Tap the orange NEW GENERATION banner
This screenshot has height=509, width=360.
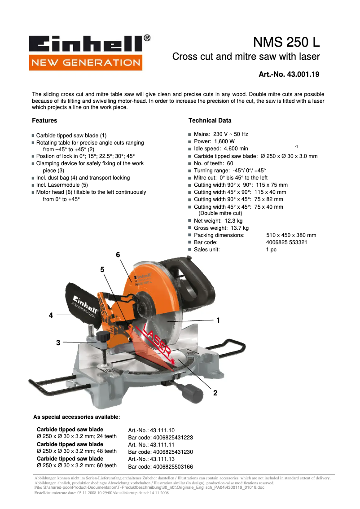pyautogui.click(x=85, y=62)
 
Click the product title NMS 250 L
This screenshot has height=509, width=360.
pyautogui.click(x=286, y=43)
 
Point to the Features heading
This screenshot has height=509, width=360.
pyautogui.click(x=44, y=121)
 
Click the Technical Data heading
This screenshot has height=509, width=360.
pyautogui.click(x=210, y=121)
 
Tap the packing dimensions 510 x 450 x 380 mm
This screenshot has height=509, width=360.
pyautogui.click(x=291, y=235)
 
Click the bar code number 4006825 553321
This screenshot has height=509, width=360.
pyautogui.click(x=286, y=242)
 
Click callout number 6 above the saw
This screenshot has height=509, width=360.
pyautogui.click(x=118, y=255)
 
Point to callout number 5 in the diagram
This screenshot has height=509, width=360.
pyautogui.click(x=102, y=270)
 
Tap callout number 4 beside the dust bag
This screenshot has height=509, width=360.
pyautogui.click(x=51, y=316)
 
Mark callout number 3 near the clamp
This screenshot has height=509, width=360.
pyautogui.click(x=58, y=343)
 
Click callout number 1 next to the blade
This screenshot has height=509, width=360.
pyautogui.click(x=218, y=320)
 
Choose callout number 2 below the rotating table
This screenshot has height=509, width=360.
pyautogui.click(x=215, y=393)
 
